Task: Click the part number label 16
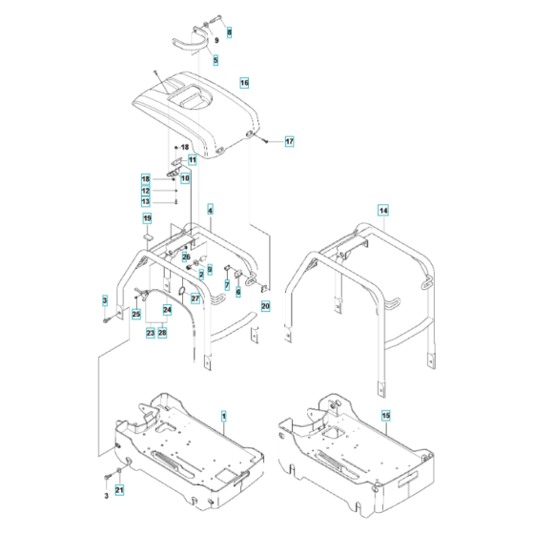coord(244,83)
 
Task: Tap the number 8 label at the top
coord(228,31)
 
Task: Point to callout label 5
coord(216,60)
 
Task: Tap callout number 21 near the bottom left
coord(119,491)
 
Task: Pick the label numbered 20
coord(266,306)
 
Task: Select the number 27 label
coord(195,298)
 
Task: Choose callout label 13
coord(146,201)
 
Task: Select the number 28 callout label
coord(163,333)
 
